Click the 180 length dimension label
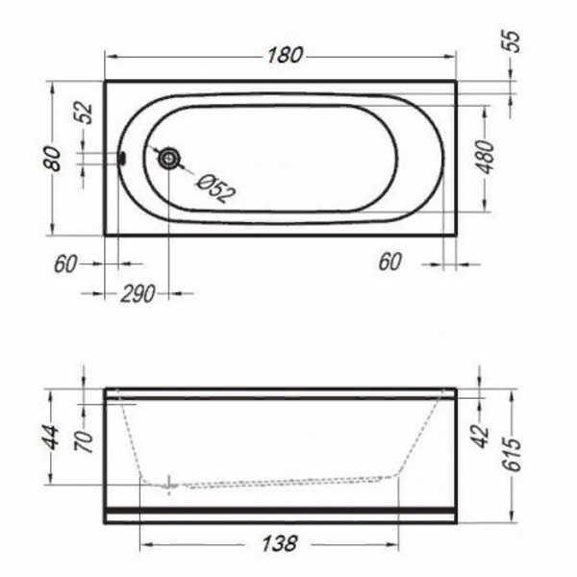[x=285, y=55]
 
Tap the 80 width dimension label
[x=52, y=159]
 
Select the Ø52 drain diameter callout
[x=215, y=188]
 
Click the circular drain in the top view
[x=169, y=159]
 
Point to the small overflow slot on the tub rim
[x=122, y=159]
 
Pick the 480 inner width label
[x=485, y=157]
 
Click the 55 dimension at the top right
[x=512, y=40]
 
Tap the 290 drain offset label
[x=138, y=293]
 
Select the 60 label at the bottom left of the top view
[x=65, y=263]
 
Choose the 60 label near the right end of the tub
[x=389, y=262]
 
